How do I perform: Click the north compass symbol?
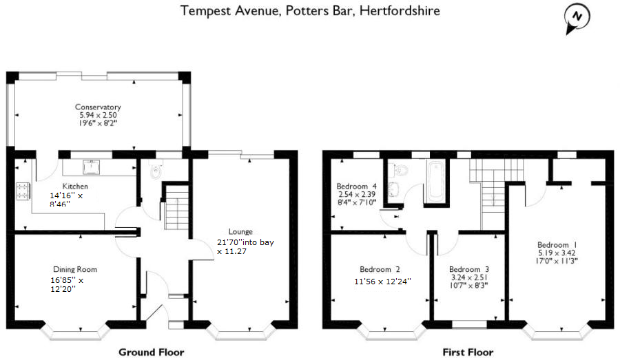577,19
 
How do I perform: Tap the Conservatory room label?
98,107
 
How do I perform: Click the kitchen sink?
91,167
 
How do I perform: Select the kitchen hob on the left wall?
23,191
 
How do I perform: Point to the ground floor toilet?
156,169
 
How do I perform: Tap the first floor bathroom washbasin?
394,189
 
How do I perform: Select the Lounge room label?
240,231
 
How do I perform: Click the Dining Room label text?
75,270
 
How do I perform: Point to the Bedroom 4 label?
356,186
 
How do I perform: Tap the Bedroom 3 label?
469,270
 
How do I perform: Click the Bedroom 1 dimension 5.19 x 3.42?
557,253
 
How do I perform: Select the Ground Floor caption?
152,352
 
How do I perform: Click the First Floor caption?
468,352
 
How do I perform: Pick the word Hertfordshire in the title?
400,11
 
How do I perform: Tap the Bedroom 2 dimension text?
382,282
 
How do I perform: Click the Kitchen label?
75,186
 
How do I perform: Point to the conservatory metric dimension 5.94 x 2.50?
98,115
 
